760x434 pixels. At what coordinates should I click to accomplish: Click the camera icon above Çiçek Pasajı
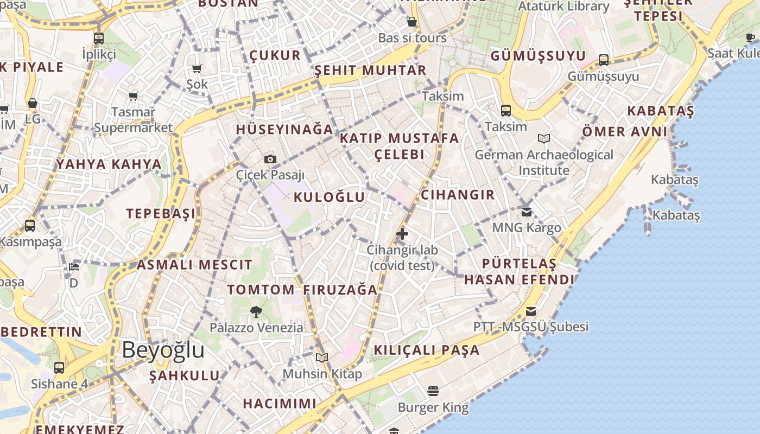pos(270,159)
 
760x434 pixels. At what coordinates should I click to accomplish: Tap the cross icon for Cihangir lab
pos(402,234)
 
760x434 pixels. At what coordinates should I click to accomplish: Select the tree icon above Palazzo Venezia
pos(256,311)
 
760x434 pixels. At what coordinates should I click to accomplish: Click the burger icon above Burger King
pos(433,391)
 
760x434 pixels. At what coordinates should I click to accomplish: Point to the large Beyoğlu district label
pos(163,350)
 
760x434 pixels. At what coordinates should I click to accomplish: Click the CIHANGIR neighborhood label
pos(458,195)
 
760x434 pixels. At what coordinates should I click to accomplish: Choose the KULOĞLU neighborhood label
pos(329,197)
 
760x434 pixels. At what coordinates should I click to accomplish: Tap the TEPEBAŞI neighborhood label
pos(161,214)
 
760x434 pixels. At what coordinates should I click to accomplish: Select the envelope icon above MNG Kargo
pos(527,212)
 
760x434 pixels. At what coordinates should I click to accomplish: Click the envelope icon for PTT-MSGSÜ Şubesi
pos(531,311)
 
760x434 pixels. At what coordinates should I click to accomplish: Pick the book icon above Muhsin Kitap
pos(322,358)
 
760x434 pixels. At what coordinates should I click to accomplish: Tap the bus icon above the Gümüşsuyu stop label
pos(604,60)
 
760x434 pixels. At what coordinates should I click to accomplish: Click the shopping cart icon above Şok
pos(197,68)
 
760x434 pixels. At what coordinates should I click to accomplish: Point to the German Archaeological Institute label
pos(544,162)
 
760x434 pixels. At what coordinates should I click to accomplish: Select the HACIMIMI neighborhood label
pos(280,404)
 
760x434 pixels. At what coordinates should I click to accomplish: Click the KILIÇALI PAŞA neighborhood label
pos(426,350)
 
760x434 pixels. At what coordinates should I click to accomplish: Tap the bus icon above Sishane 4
pos(59,368)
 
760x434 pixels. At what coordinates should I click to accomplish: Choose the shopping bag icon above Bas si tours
pos(412,22)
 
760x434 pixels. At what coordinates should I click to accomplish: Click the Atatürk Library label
pos(563,7)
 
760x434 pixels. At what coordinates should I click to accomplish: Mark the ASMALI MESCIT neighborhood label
pos(194,265)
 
